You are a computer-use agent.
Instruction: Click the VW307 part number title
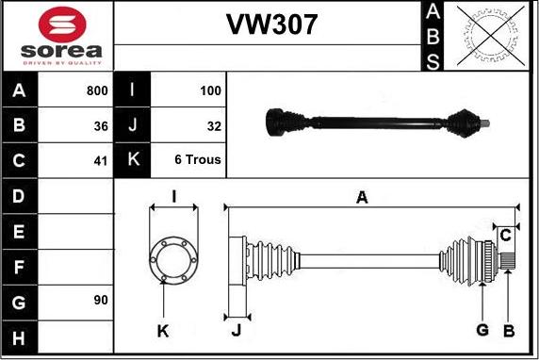click(x=271, y=24)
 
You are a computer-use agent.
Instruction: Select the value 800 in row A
click(x=95, y=91)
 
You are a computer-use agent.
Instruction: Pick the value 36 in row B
click(x=101, y=125)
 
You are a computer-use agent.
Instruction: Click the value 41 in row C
click(x=101, y=160)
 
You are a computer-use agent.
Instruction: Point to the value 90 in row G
click(x=101, y=300)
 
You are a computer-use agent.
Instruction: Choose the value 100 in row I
click(x=210, y=91)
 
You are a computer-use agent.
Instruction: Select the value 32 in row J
click(x=213, y=125)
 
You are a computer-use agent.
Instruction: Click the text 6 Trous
click(x=198, y=160)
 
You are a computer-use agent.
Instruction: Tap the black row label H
click(x=20, y=336)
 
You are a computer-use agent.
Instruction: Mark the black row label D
click(x=20, y=196)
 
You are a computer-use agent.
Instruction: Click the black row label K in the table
click(x=132, y=160)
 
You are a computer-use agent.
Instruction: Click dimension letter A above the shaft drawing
click(x=361, y=197)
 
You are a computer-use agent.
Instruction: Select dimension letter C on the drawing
click(x=505, y=234)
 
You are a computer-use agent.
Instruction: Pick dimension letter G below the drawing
click(x=482, y=330)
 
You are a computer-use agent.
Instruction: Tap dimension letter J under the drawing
click(x=237, y=330)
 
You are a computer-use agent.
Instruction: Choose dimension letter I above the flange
click(x=173, y=196)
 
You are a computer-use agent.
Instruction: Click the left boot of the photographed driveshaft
click(x=282, y=122)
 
